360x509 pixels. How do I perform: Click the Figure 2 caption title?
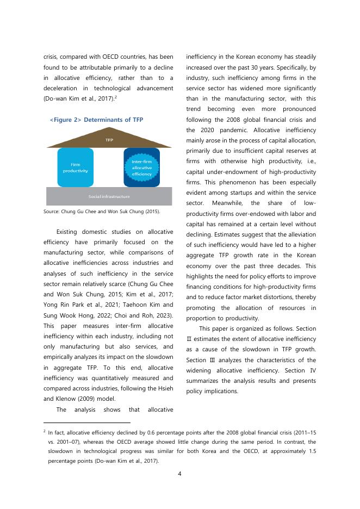click(96, 120)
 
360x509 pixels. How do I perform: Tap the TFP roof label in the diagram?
click(109, 140)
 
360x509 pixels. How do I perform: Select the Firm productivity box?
click(76, 167)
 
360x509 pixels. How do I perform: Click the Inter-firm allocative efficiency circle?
click(141, 167)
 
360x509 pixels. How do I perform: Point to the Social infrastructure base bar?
click(109, 196)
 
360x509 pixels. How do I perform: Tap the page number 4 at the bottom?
click(180, 473)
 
